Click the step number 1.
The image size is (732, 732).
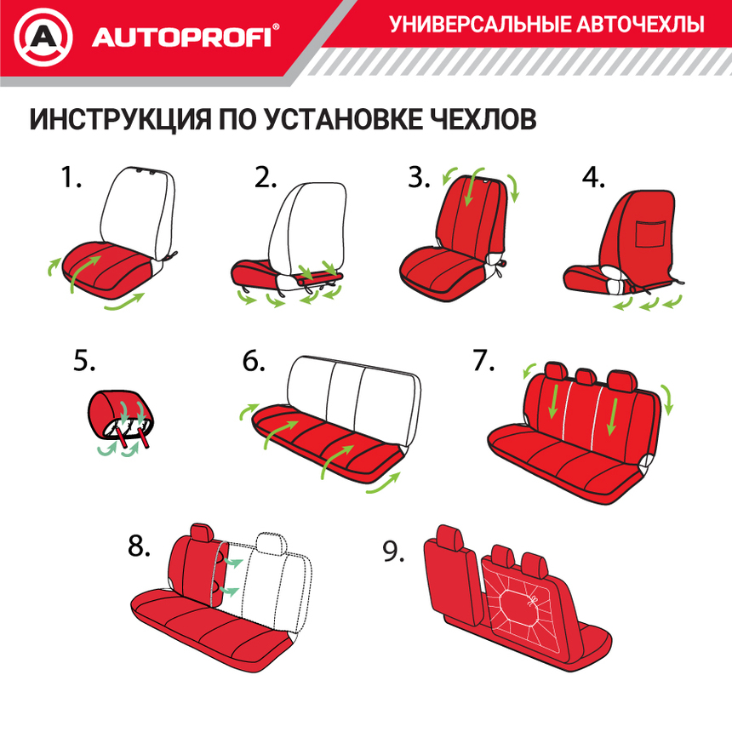71,178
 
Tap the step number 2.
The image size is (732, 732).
266,178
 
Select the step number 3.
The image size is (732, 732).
419,178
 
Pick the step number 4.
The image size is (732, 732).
593,178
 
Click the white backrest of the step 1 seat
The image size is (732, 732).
136,209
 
